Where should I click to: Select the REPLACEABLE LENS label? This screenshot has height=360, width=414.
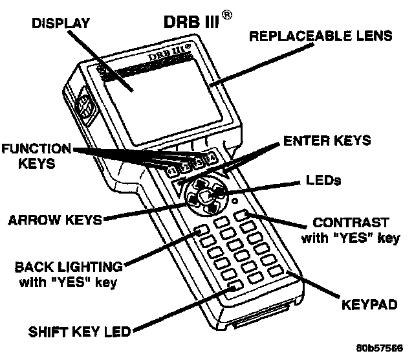(321, 36)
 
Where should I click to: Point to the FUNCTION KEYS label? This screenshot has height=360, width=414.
(36, 157)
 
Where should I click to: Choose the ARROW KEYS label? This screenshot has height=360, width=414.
(56, 219)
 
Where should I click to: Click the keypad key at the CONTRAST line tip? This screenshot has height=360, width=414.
(243, 215)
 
